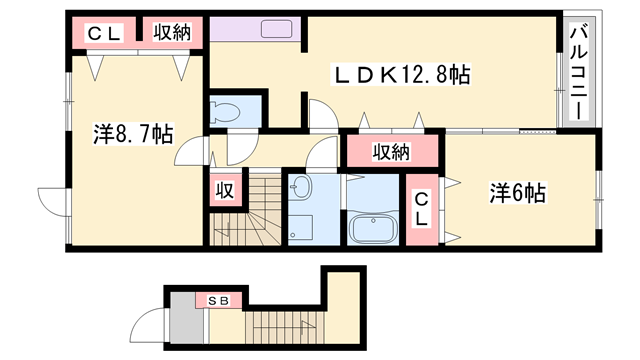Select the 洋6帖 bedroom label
click(516, 192)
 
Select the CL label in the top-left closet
click(103, 34)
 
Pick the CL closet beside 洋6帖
click(421, 209)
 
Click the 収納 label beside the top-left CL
click(172, 33)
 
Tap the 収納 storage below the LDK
click(392, 152)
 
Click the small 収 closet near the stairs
click(226, 191)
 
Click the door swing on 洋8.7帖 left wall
click(51, 199)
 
